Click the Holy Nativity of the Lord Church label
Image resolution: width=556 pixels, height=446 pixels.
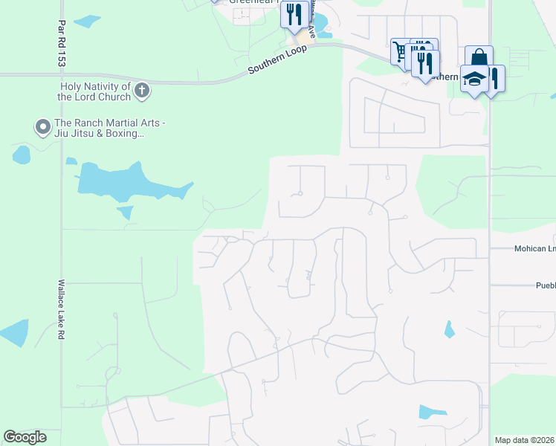tap(95, 91)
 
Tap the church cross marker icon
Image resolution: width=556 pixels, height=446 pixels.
tap(142, 91)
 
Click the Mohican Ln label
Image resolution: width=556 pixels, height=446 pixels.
tap(534, 249)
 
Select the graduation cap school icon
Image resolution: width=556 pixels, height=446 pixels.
tap(474, 79)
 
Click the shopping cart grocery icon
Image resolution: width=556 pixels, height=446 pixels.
tap(401, 51)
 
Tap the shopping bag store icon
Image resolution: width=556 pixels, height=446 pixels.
tap(479, 56)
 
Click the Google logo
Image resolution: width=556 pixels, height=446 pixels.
tap(25, 437)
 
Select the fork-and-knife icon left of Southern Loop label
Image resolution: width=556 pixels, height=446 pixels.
tap(295, 14)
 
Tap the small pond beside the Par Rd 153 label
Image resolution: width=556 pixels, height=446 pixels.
tap(87, 21)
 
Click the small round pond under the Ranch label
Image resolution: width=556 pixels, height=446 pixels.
tap(22, 155)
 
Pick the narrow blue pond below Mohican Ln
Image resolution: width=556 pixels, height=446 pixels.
tap(449, 329)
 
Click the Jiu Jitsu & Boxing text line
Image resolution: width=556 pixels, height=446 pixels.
tap(100, 133)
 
